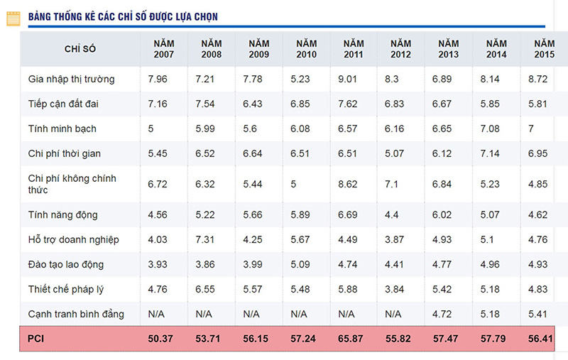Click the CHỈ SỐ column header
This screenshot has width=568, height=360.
coord(80,48)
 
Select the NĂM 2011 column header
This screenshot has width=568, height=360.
coord(353,48)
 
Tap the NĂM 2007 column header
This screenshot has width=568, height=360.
coord(164,48)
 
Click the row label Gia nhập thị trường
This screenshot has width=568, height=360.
coord(71,79)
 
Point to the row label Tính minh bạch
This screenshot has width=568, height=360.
coord(62,129)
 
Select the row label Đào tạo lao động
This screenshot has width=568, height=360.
coord(66,264)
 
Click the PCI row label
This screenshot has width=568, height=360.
coord(36,339)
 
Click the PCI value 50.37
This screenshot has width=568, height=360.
coord(160,339)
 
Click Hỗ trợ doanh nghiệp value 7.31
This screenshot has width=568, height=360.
coord(206,239)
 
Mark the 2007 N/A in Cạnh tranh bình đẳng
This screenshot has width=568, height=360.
coord(157,313)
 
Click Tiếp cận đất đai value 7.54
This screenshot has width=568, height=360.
coord(206,104)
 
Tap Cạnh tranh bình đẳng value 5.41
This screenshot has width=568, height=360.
coord(540,313)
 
